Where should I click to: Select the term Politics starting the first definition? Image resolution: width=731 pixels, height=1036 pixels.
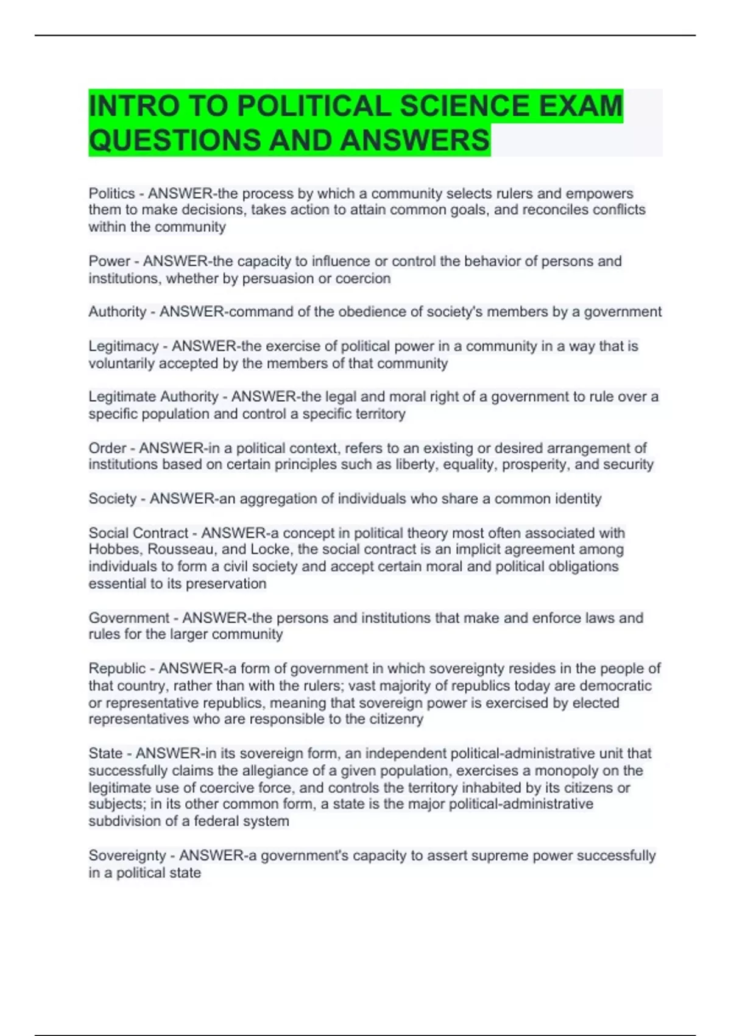(x=111, y=194)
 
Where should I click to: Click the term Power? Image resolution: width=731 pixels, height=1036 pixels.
(x=109, y=261)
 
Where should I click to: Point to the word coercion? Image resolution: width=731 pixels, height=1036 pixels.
(x=362, y=279)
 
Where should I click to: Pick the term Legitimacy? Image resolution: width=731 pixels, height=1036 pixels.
(x=123, y=346)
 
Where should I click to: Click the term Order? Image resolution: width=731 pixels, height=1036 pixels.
(x=107, y=448)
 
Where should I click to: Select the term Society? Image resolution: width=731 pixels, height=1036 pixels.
(x=112, y=498)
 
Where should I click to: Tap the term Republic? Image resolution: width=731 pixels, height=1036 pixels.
(x=117, y=669)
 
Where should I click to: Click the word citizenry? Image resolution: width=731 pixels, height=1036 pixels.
(x=395, y=719)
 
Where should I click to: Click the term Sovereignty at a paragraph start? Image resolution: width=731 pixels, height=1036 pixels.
(x=127, y=856)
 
